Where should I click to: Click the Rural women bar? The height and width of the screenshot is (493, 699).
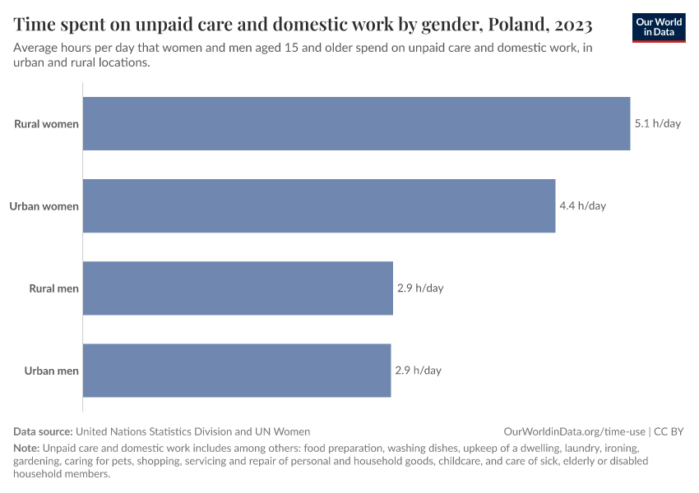coord(356,124)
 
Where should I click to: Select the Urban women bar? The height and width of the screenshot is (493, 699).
coord(319,206)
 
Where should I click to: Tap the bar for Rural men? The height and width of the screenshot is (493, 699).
coord(238,288)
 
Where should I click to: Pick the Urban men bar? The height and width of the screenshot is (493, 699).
coord(237,371)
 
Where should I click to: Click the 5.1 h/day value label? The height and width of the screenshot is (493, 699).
coord(657,124)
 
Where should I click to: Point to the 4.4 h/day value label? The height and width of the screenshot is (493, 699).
coord(582,206)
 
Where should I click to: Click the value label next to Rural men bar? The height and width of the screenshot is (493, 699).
coord(419,288)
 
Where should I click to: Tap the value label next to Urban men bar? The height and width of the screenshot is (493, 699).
coord(418,371)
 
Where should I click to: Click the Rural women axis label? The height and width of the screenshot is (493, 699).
coord(46,124)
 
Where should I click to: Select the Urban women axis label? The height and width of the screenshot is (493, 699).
coord(44,206)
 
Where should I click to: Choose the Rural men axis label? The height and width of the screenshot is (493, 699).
coord(53,288)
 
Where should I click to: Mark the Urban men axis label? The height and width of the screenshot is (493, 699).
coord(51,371)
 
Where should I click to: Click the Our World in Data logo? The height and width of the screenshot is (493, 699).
coord(658,27)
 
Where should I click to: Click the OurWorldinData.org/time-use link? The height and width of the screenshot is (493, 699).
coord(574,431)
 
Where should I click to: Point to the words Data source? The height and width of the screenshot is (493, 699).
coord(43,431)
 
